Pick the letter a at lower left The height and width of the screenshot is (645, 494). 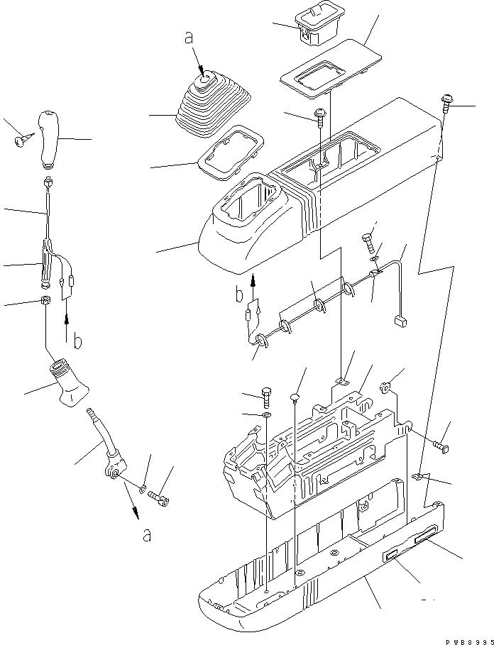[x=147, y=536]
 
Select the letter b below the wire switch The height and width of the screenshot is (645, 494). [x=78, y=342]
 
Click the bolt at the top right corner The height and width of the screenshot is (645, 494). [x=448, y=104]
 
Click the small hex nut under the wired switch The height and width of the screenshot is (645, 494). [x=45, y=301]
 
